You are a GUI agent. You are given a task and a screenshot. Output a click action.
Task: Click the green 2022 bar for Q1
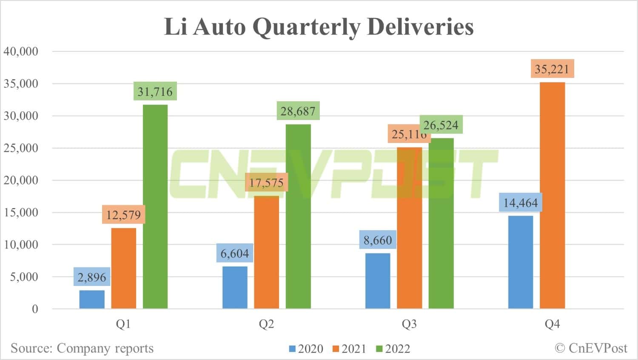155,206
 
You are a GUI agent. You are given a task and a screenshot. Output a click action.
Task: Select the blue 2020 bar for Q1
92,300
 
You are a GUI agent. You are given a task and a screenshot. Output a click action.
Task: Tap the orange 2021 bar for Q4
552,195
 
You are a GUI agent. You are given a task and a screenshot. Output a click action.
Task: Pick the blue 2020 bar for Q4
521,262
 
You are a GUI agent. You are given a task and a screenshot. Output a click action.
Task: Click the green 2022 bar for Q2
298,216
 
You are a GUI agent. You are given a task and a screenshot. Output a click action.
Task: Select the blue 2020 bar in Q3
378,281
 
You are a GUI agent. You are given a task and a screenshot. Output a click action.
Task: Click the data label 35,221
552,69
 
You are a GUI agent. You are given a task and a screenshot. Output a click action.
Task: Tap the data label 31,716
155,91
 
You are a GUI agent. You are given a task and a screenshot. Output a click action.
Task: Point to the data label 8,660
378,240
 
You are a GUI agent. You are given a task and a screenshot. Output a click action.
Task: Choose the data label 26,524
441,125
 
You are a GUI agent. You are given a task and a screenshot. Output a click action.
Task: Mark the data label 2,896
92,277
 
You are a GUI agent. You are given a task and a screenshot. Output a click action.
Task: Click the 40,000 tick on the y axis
21,51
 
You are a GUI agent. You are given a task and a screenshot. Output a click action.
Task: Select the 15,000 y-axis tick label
21,212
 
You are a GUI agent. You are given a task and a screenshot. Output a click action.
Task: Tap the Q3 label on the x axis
409,324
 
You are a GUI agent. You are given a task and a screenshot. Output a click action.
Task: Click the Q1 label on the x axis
123,324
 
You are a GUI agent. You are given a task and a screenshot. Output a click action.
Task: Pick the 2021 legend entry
349,349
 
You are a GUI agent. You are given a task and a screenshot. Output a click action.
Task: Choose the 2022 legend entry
393,349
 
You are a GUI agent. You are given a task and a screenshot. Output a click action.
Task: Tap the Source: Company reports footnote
82,348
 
